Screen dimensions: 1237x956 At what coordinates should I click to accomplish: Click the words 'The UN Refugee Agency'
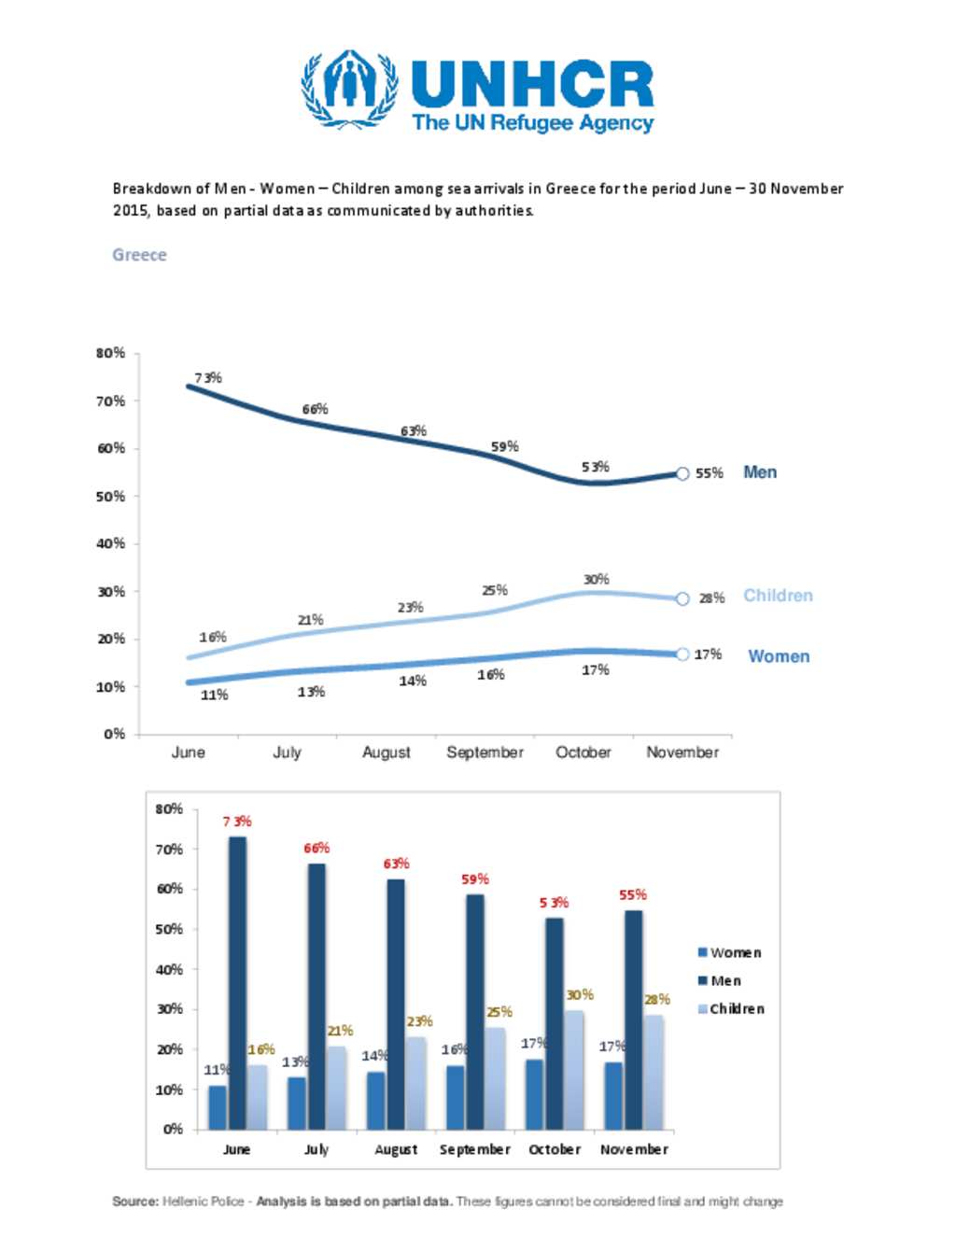pyautogui.click(x=532, y=123)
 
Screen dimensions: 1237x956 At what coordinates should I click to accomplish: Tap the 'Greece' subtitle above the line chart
pyautogui.click(x=139, y=255)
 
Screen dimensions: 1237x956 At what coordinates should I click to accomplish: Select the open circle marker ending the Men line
pyautogui.click(x=682, y=474)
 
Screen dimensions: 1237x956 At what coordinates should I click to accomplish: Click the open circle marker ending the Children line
pyautogui.click(x=682, y=598)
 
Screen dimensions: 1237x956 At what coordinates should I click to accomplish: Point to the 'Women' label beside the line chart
pyautogui.click(x=779, y=656)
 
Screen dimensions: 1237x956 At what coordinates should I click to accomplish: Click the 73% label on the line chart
pyautogui.click(x=208, y=378)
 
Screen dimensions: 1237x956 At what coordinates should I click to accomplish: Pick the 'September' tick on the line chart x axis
pyautogui.click(x=485, y=752)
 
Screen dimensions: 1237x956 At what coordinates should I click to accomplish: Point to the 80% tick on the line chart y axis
pyautogui.click(x=110, y=353)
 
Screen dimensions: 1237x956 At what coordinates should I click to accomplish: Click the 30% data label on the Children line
pyautogui.click(x=596, y=580)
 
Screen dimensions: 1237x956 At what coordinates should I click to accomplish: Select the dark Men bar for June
pyautogui.click(x=237, y=982)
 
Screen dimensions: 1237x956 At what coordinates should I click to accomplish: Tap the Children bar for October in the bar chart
pyautogui.click(x=574, y=1069)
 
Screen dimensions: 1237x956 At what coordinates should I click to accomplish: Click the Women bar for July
pyautogui.click(x=296, y=1103)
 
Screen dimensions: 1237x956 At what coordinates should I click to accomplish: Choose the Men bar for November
pyautogui.click(x=634, y=1019)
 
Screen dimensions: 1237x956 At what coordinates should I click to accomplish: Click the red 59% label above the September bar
pyautogui.click(x=475, y=879)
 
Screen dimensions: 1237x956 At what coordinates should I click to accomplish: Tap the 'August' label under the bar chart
pyautogui.click(x=396, y=1149)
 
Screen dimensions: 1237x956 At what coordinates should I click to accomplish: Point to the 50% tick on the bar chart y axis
pyautogui.click(x=169, y=929)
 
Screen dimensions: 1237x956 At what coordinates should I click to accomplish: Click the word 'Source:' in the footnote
pyautogui.click(x=135, y=1202)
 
